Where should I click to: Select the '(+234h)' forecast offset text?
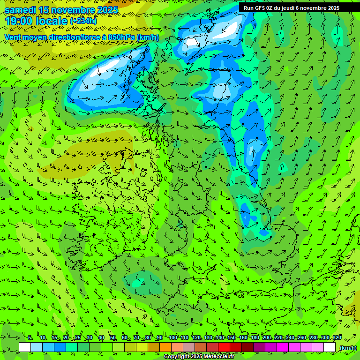(x=83, y=21)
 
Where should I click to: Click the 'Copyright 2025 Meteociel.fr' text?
(x=199, y=357)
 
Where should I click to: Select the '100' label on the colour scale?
(x=173, y=338)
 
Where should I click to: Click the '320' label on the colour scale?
(x=337, y=338)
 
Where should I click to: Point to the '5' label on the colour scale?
(x=30, y=338)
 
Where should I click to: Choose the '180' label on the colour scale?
(x=255, y=338)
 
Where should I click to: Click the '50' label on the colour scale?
(x=113, y=338)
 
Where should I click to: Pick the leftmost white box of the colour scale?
(x=25, y=347)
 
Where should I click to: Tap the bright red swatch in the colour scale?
(x=224, y=347)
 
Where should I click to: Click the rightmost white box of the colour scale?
(x=330, y=347)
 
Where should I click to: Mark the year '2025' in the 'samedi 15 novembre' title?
(x=105, y=10)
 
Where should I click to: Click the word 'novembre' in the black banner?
(x=311, y=8)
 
